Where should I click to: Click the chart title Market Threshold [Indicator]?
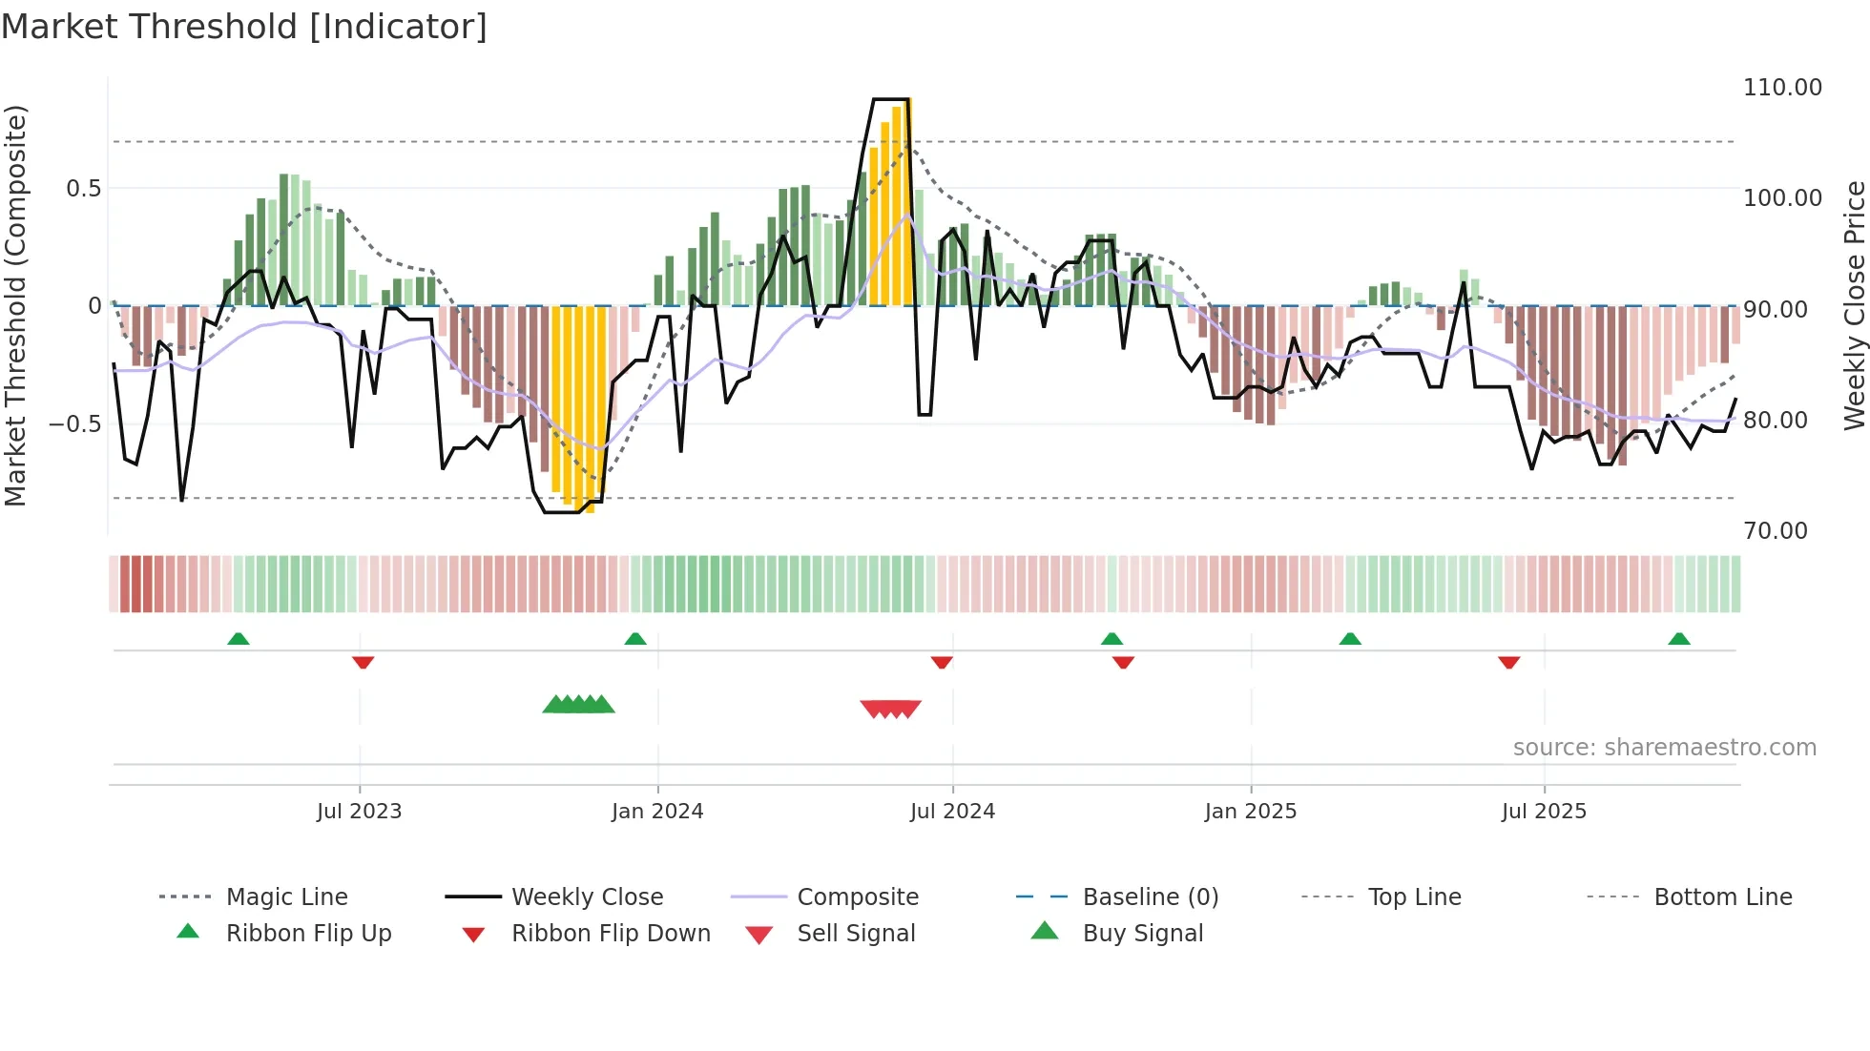pyautogui.click(x=244, y=27)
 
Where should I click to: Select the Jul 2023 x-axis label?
pyautogui.click(x=359, y=812)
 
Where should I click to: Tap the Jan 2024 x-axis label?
pyautogui.click(x=657, y=812)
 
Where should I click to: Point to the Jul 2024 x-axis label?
pyautogui.click(x=952, y=812)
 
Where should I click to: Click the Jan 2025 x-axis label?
pyautogui.click(x=1250, y=812)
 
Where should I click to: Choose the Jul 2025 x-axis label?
pyautogui.click(x=1544, y=812)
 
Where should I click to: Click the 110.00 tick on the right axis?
pyautogui.click(x=1782, y=88)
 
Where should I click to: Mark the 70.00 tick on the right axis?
pyautogui.click(x=1775, y=531)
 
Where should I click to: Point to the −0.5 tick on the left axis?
pyautogui.click(x=74, y=423)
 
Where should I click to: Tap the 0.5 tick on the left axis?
pyautogui.click(x=83, y=189)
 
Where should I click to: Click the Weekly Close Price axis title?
pyautogui.click(x=1854, y=305)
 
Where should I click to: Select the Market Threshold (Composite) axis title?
pyautogui.click(x=15, y=305)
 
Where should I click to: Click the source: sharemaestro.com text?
pyautogui.click(x=1664, y=748)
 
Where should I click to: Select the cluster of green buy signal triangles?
pyautogui.click(x=578, y=705)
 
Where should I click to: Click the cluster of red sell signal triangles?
pyautogui.click(x=890, y=709)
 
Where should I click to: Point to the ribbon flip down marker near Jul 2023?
pyautogui.click(x=363, y=662)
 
